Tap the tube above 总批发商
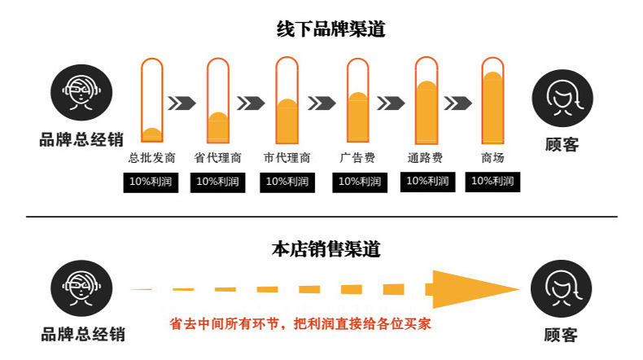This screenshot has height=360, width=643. click(152, 99)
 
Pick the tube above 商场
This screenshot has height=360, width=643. click(492, 99)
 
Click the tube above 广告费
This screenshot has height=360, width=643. click(358, 99)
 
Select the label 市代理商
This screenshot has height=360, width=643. click(287, 158)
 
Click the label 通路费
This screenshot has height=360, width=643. click(425, 158)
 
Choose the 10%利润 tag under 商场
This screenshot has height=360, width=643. click(492, 182)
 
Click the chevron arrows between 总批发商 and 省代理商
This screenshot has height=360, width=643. click(182, 103)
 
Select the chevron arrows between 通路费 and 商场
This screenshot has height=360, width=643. click(460, 103)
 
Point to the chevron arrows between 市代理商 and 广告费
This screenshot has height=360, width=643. click(322, 103)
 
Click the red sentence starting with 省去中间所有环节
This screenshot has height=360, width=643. click(300, 323)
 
